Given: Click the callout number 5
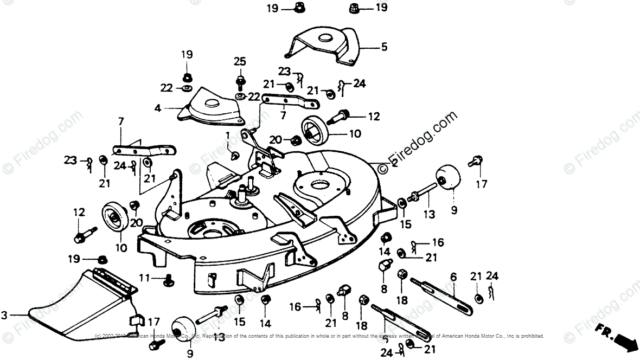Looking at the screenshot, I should click(384, 47).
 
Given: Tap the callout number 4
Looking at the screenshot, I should click(157, 108).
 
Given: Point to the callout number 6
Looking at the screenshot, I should click(453, 277).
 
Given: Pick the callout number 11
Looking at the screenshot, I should click(144, 278).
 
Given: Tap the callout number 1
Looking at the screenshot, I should click(228, 134).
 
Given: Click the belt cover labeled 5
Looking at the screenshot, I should click(323, 49).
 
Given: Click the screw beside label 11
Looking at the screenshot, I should click(168, 281).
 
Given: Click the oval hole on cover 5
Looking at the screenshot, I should click(326, 39).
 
